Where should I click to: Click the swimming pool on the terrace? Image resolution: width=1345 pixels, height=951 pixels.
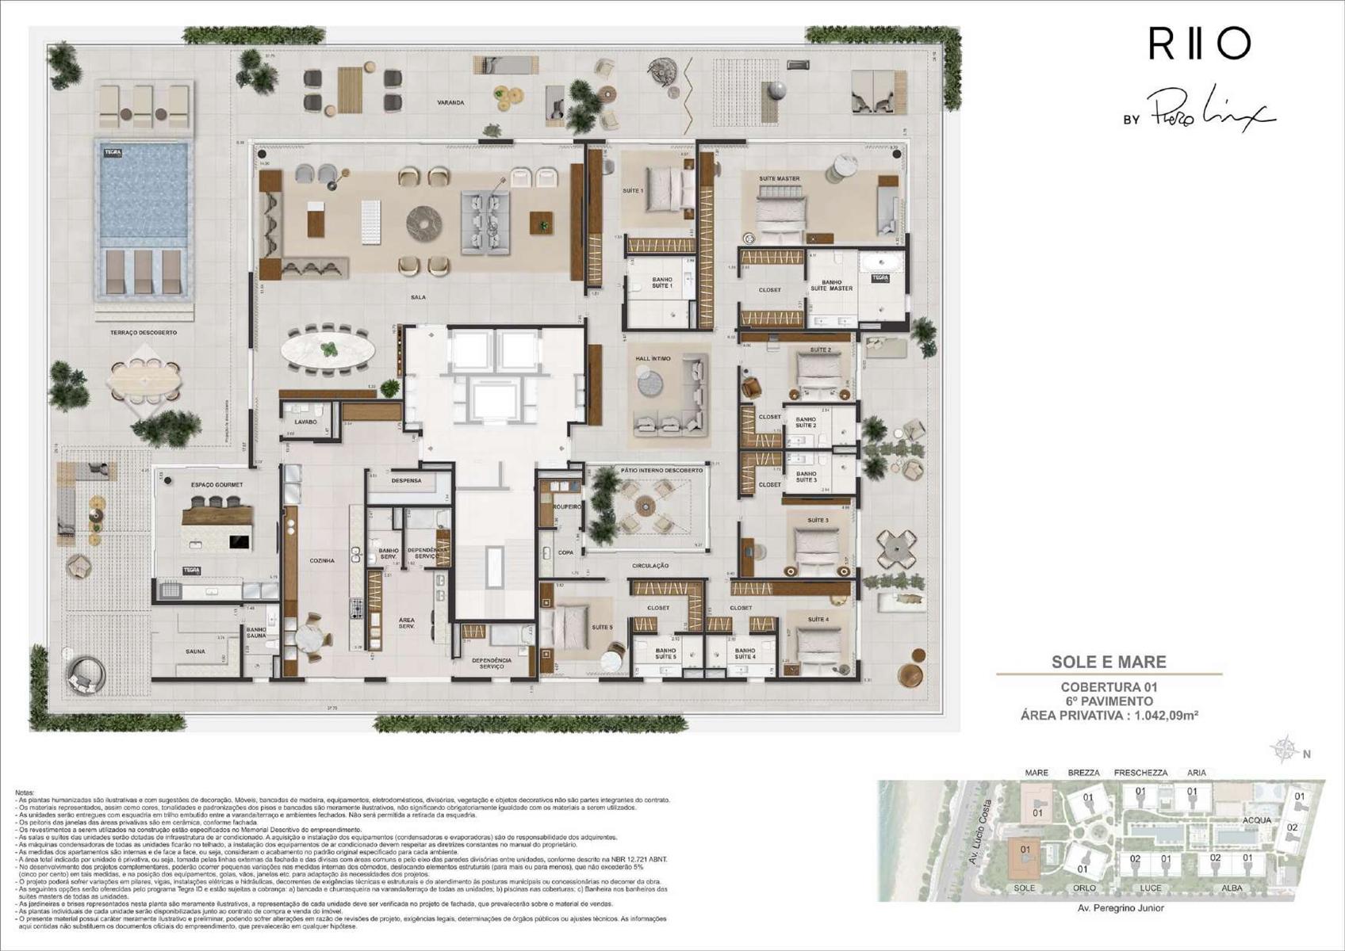pos(144,194)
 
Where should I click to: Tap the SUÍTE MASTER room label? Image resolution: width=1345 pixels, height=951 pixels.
pos(779,179)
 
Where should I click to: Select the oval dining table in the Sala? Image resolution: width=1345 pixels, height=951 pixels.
pos(329,349)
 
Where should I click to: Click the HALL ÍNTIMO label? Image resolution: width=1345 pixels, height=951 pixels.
pos(653,359)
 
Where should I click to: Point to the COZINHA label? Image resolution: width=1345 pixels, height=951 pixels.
pos(322,561)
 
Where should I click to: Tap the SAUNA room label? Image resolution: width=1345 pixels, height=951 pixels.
pos(195,651)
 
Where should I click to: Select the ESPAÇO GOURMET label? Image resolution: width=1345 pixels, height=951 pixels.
pos(217,484)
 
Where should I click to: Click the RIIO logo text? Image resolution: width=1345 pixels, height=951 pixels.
pos(1199,44)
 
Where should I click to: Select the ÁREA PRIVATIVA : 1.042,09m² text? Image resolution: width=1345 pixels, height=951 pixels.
pos(1109,716)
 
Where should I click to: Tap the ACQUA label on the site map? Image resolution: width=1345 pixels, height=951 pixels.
pos(1257,820)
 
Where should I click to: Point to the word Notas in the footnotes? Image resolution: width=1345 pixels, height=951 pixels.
pos(25,792)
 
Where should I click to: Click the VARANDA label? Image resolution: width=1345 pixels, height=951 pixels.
pos(450,103)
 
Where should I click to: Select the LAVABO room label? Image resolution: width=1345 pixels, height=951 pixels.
pos(305,422)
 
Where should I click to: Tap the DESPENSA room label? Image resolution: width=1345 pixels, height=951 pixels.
pos(406,481)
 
